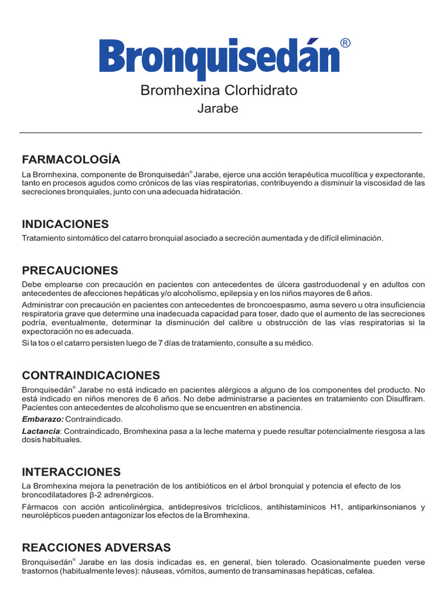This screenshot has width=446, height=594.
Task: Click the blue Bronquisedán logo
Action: pyautogui.click(x=220, y=57)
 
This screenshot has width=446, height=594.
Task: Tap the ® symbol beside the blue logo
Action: pyautogui.click(x=345, y=44)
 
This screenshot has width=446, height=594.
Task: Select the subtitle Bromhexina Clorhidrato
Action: pyautogui.click(x=219, y=90)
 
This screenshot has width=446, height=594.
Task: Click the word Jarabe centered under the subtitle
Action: pyautogui.click(x=218, y=108)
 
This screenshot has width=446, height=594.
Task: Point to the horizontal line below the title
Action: pyautogui.click(x=221, y=133)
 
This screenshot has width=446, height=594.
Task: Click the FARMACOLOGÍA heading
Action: pyautogui.click(x=71, y=160)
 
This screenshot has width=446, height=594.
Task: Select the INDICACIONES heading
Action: pyautogui.click(x=65, y=224)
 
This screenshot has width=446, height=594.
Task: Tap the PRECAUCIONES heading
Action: pyautogui.click(x=70, y=270)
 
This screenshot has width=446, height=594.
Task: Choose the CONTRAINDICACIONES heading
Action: pyautogui.click(x=91, y=375)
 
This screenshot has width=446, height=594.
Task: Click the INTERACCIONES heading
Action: pyautogui.click(x=71, y=472)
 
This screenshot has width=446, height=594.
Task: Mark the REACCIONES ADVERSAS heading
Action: pyautogui.click(x=96, y=548)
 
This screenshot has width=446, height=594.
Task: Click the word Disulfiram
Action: pyautogui.click(x=405, y=399)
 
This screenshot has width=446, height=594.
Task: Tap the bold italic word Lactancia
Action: pyautogui.click(x=41, y=431)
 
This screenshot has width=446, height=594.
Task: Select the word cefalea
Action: pyautogui.click(x=359, y=571)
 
